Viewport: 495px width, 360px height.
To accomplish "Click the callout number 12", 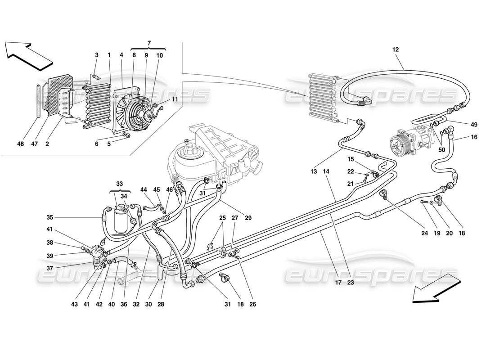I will (x=395, y=49).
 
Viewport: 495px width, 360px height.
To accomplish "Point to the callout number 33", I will (x=119, y=184).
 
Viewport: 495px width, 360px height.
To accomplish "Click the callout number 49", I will (x=474, y=125).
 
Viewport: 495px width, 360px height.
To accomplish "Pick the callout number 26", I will (x=252, y=304).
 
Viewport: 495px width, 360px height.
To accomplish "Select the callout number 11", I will (x=174, y=99).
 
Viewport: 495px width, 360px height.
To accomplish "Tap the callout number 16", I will (x=474, y=137).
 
